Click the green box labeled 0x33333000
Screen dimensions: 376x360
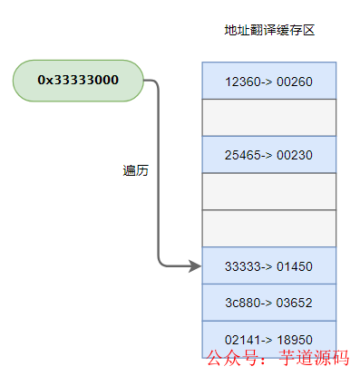(x=78, y=80)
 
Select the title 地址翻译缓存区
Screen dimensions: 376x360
(x=268, y=31)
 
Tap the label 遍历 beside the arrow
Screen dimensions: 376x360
(x=135, y=170)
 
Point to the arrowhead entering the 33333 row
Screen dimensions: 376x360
(x=194, y=265)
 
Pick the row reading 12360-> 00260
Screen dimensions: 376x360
(x=268, y=82)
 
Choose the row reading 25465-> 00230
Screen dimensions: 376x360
(x=268, y=155)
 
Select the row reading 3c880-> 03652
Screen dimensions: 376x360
(x=268, y=303)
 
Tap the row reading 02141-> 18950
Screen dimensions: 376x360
(x=268, y=339)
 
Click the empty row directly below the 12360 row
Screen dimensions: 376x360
(x=268, y=118)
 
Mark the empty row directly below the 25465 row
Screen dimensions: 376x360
(x=268, y=191)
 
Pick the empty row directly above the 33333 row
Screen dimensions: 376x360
(x=268, y=228)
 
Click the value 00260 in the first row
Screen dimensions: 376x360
(x=293, y=82)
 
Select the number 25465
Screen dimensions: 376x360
(x=241, y=155)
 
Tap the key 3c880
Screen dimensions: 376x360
(x=241, y=303)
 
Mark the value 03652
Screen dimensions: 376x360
(x=293, y=303)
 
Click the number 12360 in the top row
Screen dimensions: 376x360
(x=241, y=82)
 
